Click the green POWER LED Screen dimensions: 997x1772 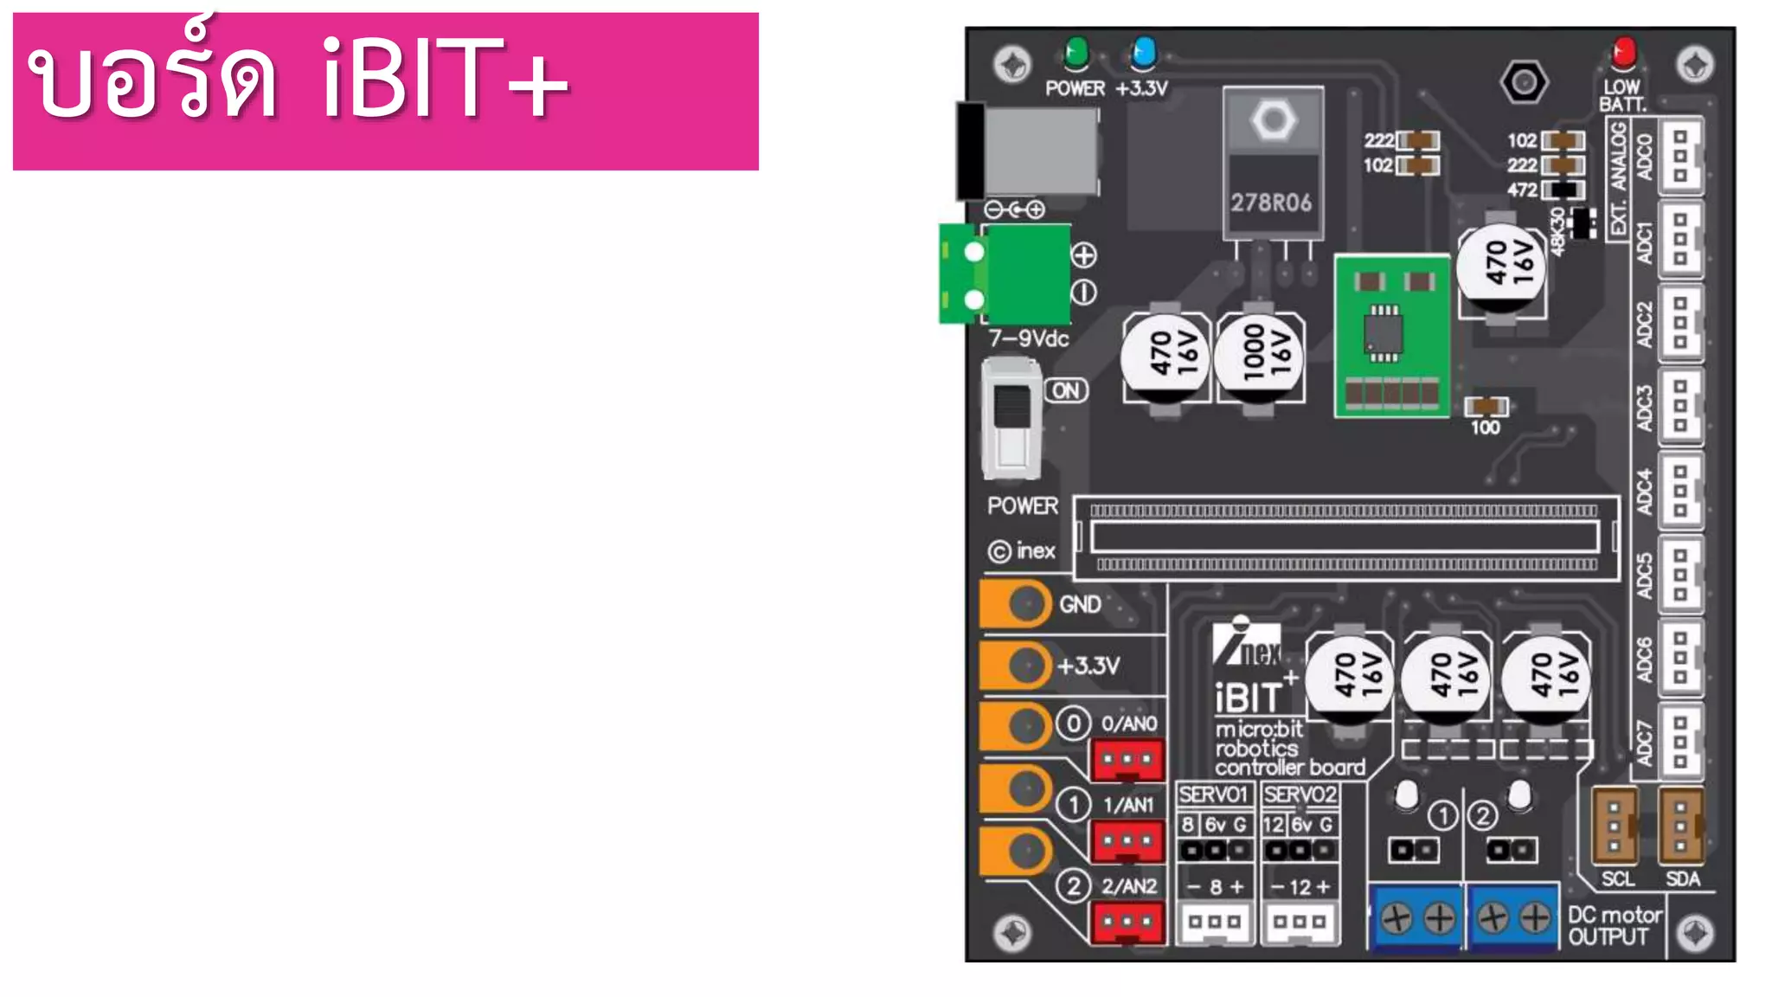click(1075, 54)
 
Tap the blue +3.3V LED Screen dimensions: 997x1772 click(1143, 54)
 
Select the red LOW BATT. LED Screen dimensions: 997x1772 click(1624, 53)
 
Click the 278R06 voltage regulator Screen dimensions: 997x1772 click(1273, 164)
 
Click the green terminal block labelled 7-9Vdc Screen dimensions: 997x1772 click(1006, 274)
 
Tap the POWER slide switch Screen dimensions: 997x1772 click(1011, 421)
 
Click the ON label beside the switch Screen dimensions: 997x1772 click(1066, 390)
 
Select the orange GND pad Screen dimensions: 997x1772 click(1016, 603)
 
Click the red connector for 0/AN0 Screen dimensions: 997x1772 click(1127, 761)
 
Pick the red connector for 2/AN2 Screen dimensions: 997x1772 click(1127, 923)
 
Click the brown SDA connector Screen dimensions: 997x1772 click(1681, 826)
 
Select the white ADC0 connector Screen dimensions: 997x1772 click(1680, 157)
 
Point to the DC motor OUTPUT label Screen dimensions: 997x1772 click(1615, 926)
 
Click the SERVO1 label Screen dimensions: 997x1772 click(1213, 794)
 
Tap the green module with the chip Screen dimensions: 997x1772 click(1391, 336)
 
